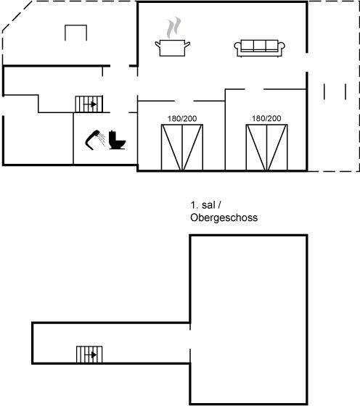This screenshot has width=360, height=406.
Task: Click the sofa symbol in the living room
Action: click(x=259, y=48)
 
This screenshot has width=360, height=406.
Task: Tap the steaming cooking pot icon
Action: click(x=173, y=37)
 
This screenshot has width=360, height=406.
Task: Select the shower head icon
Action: click(x=95, y=140)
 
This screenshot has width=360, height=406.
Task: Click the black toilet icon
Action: click(x=117, y=140)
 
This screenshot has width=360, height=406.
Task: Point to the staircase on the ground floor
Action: click(x=89, y=104)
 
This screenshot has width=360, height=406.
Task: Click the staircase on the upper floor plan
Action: click(x=89, y=355)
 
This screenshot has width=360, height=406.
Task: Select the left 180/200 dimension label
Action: click(x=182, y=119)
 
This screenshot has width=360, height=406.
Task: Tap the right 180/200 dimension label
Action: click(x=266, y=118)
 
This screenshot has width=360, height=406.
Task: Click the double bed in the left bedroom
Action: click(x=182, y=148)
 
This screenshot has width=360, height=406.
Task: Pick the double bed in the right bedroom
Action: click(x=266, y=148)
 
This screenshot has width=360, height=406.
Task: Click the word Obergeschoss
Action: click(x=224, y=217)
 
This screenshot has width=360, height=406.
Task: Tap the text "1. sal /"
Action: click(x=205, y=205)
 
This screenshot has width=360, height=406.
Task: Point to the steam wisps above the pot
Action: click(x=173, y=28)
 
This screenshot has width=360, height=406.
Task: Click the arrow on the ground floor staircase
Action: click(x=90, y=104)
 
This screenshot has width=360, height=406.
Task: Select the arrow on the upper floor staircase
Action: click(x=91, y=355)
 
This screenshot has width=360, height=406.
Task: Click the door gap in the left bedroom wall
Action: click(x=184, y=101)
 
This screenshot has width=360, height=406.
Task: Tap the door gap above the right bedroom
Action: click(x=254, y=89)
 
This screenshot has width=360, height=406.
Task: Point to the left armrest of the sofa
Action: click(x=237, y=47)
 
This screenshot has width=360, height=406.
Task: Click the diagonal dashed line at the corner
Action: click(x=17, y=16)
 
